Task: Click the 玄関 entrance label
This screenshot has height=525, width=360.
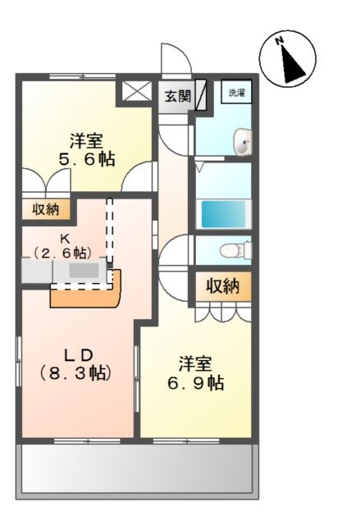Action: point(177,97)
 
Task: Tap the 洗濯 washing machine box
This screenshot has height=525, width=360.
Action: point(236,93)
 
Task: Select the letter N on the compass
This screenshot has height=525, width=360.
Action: point(279,41)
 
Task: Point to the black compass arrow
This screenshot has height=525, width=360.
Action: point(292,65)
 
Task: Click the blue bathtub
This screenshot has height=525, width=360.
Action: point(223,213)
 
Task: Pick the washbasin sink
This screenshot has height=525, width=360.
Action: point(243,142)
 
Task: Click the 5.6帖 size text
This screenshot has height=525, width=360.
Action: point(87,159)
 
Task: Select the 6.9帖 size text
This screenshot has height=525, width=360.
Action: point(195,383)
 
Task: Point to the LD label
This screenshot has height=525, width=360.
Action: point(78,355)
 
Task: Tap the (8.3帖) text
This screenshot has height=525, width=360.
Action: point(75,373)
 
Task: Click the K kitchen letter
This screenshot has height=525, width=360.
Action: point(65,239)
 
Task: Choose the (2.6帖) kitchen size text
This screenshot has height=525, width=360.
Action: point(62,253)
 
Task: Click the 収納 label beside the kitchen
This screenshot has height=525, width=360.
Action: point(46,210)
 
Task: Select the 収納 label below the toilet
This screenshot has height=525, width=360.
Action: point(222,286)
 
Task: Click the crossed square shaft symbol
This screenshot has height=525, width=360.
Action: point(136,91)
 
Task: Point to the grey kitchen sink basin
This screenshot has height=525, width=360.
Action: point(84,270)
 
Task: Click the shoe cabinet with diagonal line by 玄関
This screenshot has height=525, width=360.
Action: point(201,95)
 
